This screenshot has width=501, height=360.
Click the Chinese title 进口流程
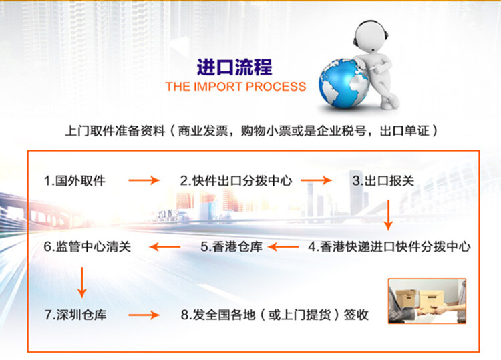coord(234,67)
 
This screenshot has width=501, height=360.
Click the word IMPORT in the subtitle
coord(217,87)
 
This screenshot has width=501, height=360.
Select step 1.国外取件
coord(74,181)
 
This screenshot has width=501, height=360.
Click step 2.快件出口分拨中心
coord(236,181)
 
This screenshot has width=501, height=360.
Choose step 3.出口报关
coord(383,181)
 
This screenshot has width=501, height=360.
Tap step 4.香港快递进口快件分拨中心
coord(389,246)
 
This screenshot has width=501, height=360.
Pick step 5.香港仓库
coord(231,246)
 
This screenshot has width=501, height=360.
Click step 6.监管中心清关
coord(88,246)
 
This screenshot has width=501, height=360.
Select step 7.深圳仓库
coord(75,315)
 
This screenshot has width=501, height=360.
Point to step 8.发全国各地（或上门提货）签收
coord(275,315)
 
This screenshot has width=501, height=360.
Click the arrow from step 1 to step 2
coord(144,180)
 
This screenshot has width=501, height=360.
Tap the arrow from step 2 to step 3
coord(317,180)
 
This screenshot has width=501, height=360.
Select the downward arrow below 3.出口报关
coord(388,215)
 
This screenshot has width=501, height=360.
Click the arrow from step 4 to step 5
coord(283,246)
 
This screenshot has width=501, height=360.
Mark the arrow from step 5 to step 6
coord(164,246)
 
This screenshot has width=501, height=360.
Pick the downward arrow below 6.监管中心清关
coord(82,283)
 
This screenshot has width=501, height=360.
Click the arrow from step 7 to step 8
coord(144,315)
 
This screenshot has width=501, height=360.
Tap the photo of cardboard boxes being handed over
coord(428,301)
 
